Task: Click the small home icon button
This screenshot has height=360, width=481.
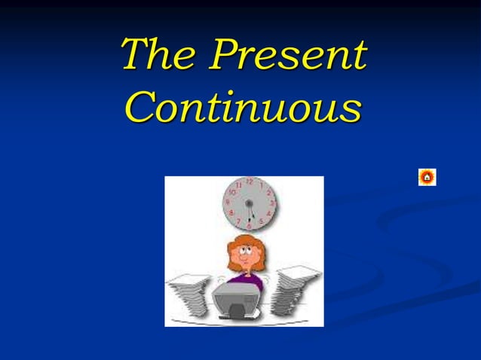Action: coord(427,178)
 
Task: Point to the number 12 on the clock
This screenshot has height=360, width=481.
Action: coord(250,182)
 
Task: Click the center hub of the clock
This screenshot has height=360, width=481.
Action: coord(250,203)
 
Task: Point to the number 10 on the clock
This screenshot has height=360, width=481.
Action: coord(233,193)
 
